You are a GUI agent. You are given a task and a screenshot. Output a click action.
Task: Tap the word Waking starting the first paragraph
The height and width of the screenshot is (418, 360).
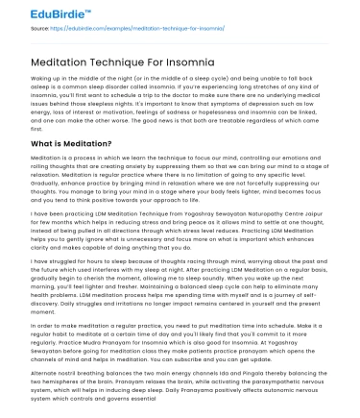[43, 79]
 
